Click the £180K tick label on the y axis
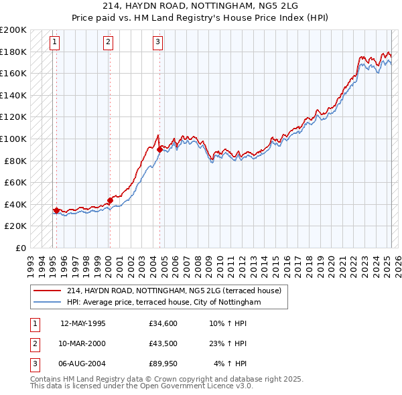13,52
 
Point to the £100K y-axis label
13,139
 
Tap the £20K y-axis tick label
15,226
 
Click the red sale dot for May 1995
56,210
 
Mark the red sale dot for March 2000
110,200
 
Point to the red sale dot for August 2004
159,150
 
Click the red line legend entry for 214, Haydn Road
177,291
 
